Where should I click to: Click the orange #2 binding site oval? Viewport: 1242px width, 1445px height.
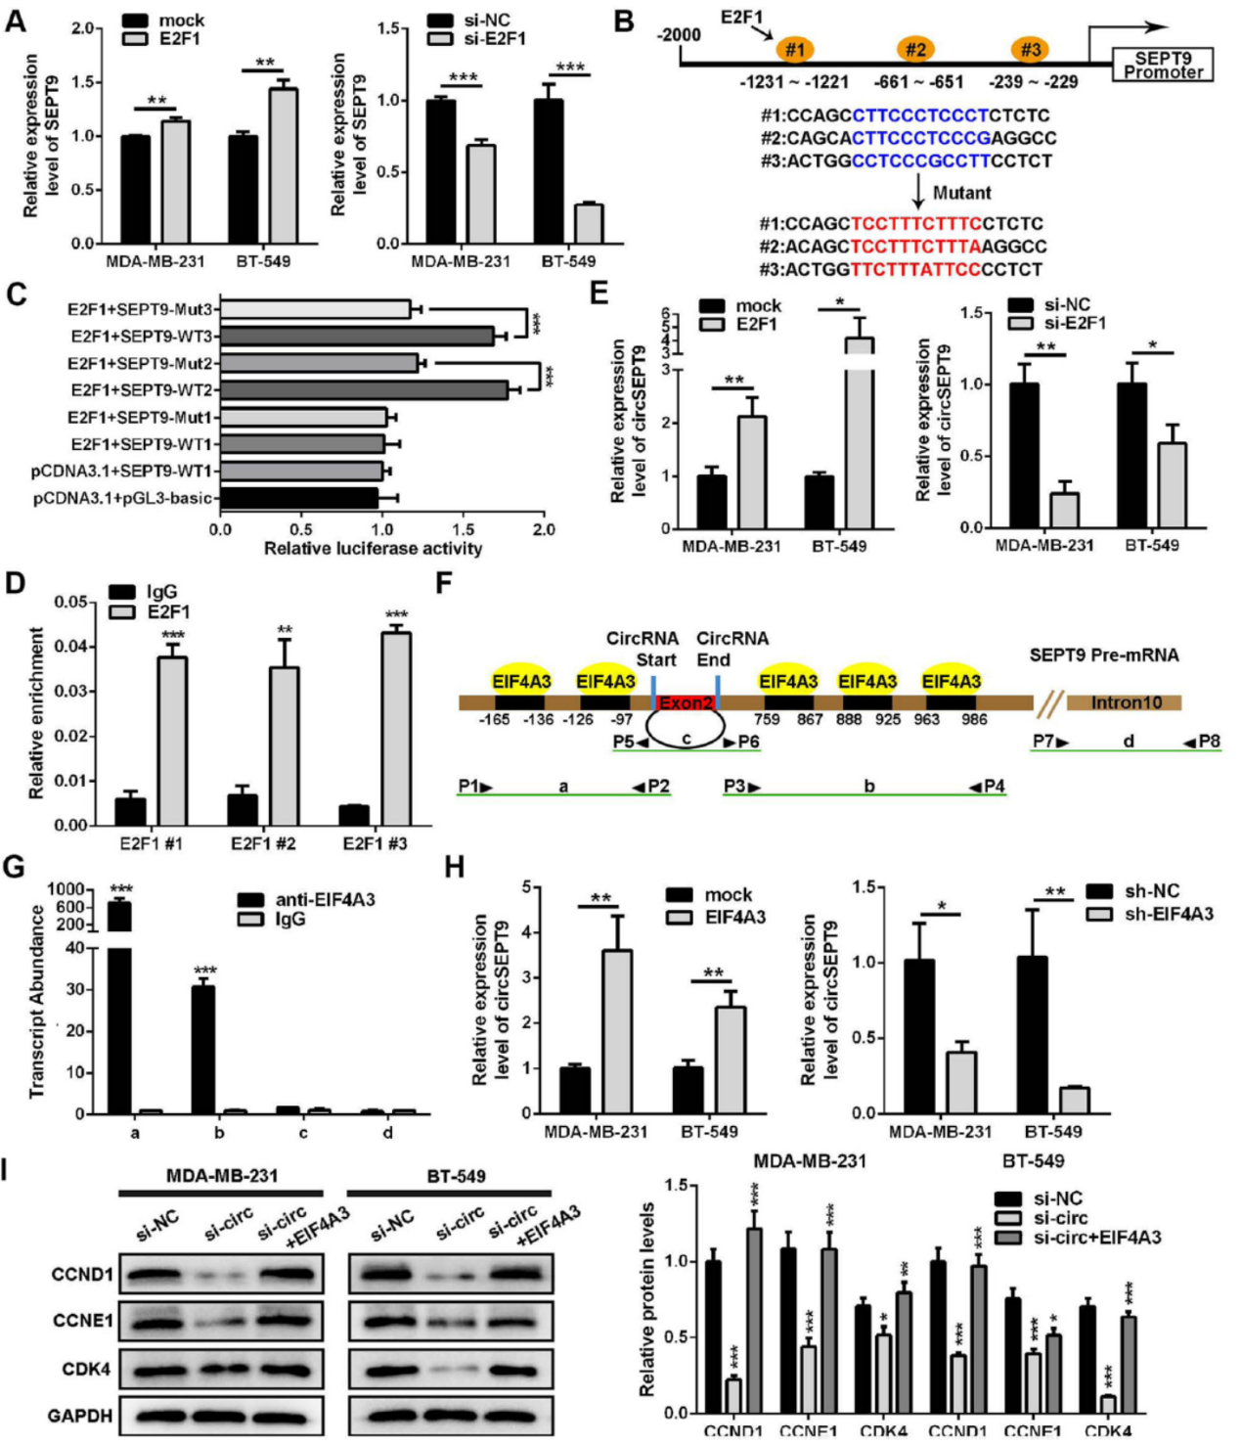coord(915,48)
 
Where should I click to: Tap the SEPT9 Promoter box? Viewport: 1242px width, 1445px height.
coord(1163,65)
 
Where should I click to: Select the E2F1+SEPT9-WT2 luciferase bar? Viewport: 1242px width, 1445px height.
coord(364,390)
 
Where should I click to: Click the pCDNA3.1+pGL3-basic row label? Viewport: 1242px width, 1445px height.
coord(123,498)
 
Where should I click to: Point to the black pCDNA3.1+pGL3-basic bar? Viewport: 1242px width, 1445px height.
coord(299,498)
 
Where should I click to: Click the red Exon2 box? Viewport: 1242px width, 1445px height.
coord(686,702)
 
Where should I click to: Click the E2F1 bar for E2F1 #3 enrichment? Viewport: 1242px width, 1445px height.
coord(396,729)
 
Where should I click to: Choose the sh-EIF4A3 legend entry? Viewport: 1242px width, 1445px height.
coord(1151,914)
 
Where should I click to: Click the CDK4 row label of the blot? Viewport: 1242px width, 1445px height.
coord(86,1369)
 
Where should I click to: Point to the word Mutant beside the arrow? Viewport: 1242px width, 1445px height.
coord(961,193)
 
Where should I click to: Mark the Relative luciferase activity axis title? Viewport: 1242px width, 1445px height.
coord(373,549)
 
